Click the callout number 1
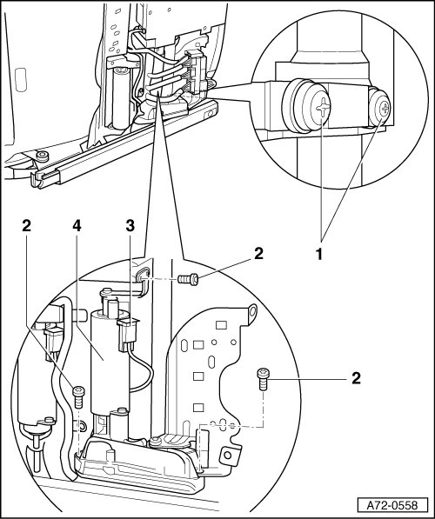tap(318, 255)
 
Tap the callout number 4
tap(77, 226)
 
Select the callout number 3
tap(130, 226)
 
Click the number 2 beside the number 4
tap(26, 226)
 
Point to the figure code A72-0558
tap(392, 505)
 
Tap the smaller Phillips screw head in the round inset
tap(385, 108)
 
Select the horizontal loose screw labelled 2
tap(188, 280)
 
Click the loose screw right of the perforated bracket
tap(263, 379)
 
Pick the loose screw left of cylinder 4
tap(78, 397)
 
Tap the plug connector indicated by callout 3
tap(127, 335)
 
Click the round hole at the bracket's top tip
tap(253, 311)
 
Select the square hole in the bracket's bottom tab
tap(227, 456)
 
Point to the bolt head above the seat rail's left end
tap(42, 156)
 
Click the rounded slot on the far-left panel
tap(21, 79)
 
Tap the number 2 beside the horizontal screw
tap(258, 254)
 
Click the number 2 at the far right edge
tap(356, 378)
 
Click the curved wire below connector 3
tap(142, 370)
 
